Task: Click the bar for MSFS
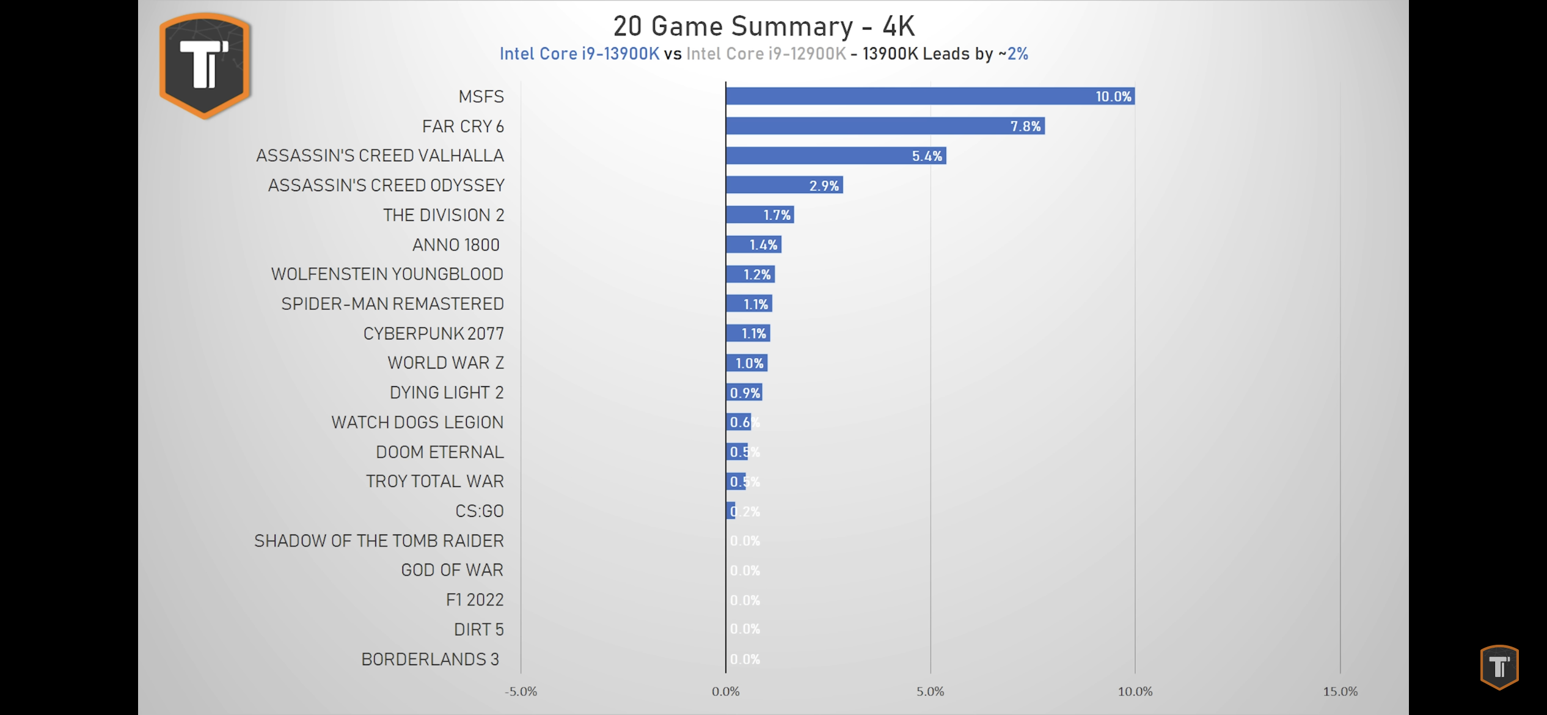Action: coord(929,96)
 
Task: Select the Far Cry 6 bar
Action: coord(885,126)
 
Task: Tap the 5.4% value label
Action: coord(927,156)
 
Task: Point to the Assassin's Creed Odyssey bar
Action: coord(784,185)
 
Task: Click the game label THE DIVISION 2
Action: coord(444,215)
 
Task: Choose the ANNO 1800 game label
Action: coord(456,245)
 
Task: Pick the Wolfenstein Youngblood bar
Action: coord(750,274)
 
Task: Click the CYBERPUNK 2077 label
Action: coord(433,334)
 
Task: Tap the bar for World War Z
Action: coord(747,363)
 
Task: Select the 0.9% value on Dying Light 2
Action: coord(745,393)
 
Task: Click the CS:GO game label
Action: coord(479,511)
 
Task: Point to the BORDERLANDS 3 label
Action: coord(430,659)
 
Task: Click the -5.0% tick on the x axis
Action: coord(521,691)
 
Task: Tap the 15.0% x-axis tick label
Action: coord(1340,691)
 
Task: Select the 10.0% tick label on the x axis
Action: coord(1135,691)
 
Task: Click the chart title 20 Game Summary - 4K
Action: coord(764,26)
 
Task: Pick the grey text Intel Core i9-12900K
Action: coord(766,54)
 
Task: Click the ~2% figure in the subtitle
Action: coord(1013,54)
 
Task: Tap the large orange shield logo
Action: coord(205,65)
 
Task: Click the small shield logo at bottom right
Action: coord(1499,667)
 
